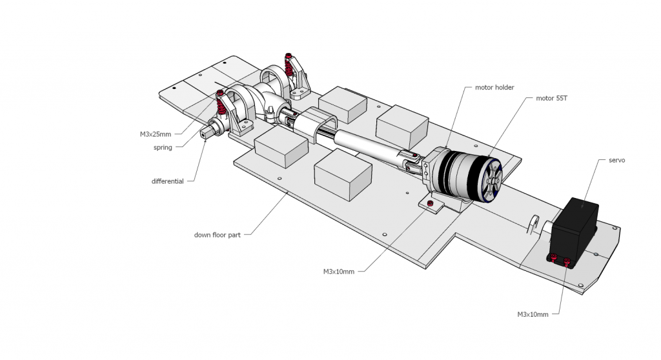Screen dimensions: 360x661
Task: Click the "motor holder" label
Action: tap(494, 87)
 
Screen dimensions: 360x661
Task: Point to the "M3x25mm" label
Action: tap(156, 134)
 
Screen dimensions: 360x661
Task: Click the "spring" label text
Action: tap(163, 148)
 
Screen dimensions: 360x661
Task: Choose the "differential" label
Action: tap(168, 181)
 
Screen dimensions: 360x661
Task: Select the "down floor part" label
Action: tap(217, 235)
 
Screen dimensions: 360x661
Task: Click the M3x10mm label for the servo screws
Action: tap(533, 314)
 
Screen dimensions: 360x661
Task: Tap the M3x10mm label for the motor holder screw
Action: tap(339, 272)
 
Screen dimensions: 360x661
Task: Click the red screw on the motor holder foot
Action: tap(430, 205)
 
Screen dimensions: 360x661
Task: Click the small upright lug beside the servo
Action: tap(534, 224)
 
